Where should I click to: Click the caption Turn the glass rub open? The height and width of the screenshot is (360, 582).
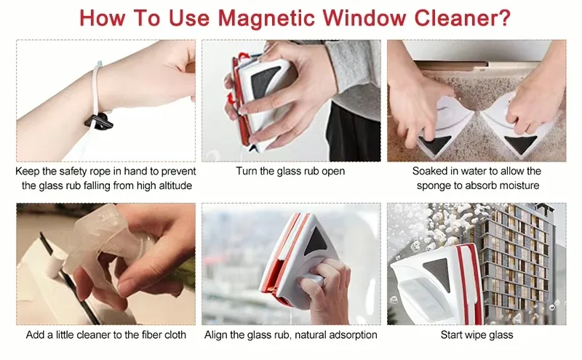[x=290, y=172]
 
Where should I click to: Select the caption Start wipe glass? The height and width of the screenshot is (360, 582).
[x=477, y=335]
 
